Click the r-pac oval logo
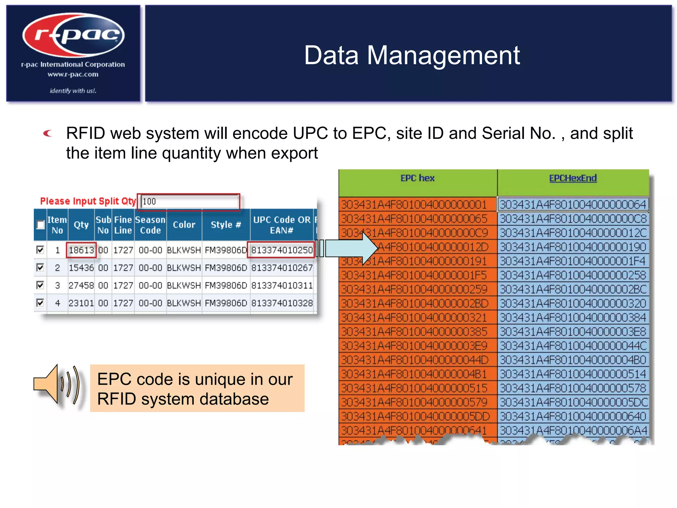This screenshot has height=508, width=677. pyautogui.click(x=73, y=35)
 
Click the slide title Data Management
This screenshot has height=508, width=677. pyautogui.click(x=412, y=55)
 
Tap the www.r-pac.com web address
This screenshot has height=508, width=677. pyautogui.click(x=73, y=74)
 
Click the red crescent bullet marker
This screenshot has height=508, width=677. pyautogui.click(x=48, y=133)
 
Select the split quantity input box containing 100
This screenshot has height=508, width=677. pyautogui.click(x=189, y=201)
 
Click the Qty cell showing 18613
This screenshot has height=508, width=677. pyautogui.click(x=81, y=250)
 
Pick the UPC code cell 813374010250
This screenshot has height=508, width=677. pyautogui.click(x=281, y=250)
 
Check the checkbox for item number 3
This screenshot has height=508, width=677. pyautogui.click(x=40, y=285)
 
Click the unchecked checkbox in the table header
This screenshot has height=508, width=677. pyautogui.click(x=40, y=225)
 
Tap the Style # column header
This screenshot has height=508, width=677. pyautogui.click(x=226, y=225)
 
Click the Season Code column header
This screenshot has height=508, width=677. pyautogui.click(x=150, y=225)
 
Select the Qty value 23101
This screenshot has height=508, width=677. pyautogui.click(x=81, y=303)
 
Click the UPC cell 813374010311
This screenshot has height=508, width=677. pyautogui.click(x=282, y=285)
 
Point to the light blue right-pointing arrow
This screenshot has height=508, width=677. pyautogui.click(x=350, y=248)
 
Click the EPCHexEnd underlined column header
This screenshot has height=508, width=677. pyautogui.click(x=573, y=178)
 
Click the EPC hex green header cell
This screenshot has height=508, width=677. pyautogui.click(x=417, y=179)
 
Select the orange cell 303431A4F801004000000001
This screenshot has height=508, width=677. pyautogui.click(x=414, y=204)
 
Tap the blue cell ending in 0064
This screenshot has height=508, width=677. pyautogui.click(x=573, y=204)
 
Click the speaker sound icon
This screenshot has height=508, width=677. pyautogui.click(x=56, y=385)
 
